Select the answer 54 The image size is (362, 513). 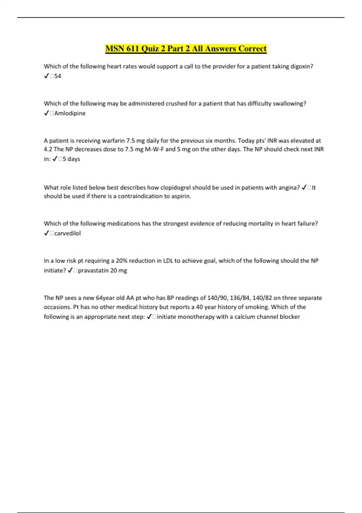(x=58, y=76)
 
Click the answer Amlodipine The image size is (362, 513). (x=70, y=113)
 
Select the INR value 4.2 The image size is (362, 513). (x=48, y=149)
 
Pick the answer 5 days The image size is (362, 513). (x=71, y=159)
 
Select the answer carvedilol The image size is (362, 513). (x=67, y=233)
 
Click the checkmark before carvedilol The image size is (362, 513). (x=46, y=233)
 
